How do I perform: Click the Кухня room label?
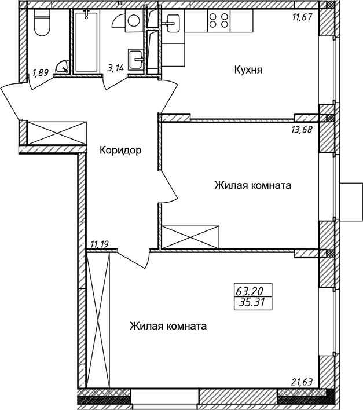click(x=248, y=70)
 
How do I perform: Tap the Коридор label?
click(x=120, y=151)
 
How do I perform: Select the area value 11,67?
click(x=302, y=17)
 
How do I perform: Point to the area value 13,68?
click(x=302, y=129)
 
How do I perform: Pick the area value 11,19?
click(x=100, y=244)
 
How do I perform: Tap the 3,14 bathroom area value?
click(x=115, y=67)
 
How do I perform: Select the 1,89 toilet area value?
click(x=41, y=72)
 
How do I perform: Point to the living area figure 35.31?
click(x=253, y=303)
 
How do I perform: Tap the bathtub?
click(x=86, y=41)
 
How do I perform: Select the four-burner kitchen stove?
click(x=219, y=21)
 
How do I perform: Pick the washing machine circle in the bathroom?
click(x=134, y=21)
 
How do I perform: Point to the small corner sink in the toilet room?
click(x=63, y=67)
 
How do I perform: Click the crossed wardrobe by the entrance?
click(x=57, y=133)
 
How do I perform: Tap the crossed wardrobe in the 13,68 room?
click(x=190, y=237)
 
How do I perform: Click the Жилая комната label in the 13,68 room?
click(x=253, y=185)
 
